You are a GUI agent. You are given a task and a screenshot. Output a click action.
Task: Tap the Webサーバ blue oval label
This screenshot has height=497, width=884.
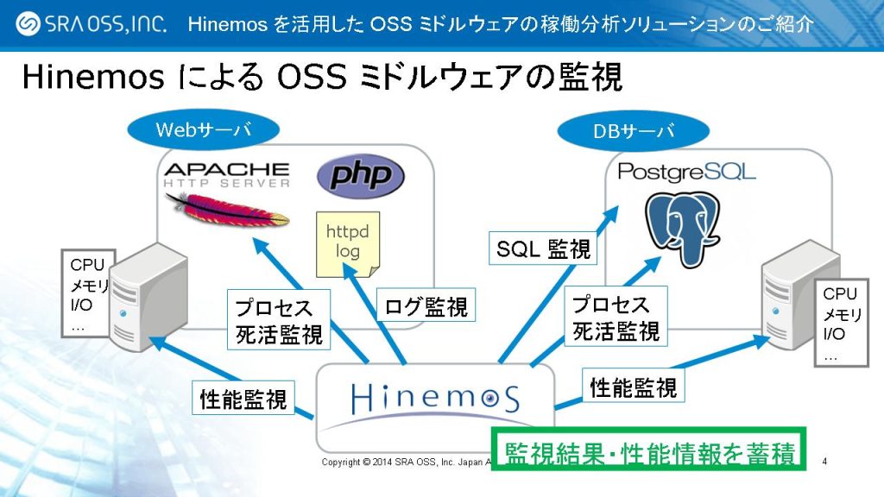point(204,130)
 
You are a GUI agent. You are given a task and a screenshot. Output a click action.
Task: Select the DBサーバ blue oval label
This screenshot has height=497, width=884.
point(634,132)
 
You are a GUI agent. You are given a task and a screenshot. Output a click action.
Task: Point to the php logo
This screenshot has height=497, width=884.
point(360,176)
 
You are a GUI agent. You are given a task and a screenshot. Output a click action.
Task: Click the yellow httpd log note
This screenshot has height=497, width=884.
point(347,243)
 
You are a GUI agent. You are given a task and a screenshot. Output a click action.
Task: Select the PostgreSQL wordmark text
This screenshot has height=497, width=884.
point(686,171)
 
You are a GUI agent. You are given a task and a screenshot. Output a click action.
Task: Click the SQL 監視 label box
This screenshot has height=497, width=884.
point(544,250)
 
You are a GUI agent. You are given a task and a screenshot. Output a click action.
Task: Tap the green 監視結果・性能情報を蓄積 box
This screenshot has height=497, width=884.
point(648,450)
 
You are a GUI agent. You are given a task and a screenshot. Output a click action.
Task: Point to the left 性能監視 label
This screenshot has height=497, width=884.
point(243,399)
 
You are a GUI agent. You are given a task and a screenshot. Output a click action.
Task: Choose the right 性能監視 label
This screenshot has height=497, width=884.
point(633,387)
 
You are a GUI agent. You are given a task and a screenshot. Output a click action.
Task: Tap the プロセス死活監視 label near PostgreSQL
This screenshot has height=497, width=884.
point(616,318)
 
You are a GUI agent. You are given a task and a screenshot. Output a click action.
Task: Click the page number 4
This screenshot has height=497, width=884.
point(825,461)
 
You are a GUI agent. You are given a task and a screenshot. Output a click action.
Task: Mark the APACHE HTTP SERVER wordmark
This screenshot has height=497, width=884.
point(226,174)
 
